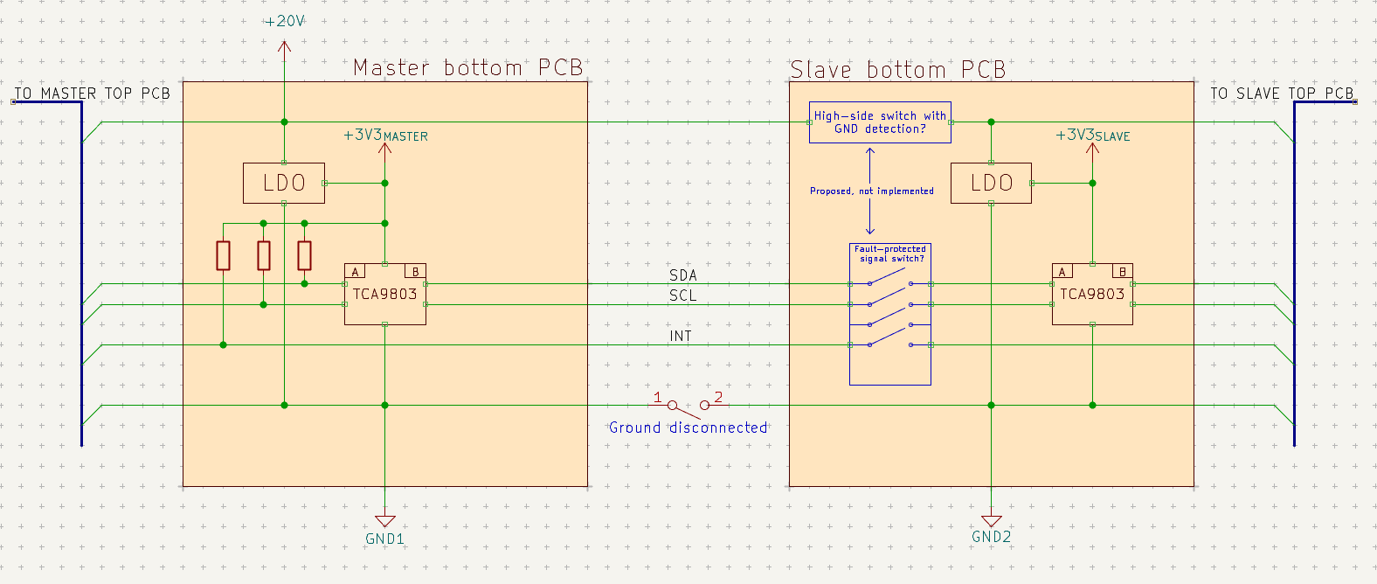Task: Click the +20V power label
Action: (284, 22)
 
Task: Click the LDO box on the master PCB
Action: (284, 183)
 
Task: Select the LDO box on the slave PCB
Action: (991, 183)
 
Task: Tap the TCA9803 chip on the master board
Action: (384, 294)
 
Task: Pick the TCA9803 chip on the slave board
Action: (1092, 294)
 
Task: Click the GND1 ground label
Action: (384, 539)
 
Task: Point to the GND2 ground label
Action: (991, 537)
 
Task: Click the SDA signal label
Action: (683, 275)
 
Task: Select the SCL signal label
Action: (683, 295)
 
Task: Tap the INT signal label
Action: (681, 336)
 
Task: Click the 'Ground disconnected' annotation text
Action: (688, 428)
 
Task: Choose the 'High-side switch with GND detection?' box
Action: (881, 122)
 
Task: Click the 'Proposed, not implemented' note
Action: (872, 191)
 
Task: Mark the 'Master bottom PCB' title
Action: (467, 67)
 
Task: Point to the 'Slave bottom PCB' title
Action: (897, 70)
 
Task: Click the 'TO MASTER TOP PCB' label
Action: (93, 94)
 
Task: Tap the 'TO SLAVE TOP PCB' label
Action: (1283, 94)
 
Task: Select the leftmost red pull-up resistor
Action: (223, 255)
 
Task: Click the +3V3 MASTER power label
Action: (385, 136)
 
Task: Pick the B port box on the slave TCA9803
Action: (1123, 271)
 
